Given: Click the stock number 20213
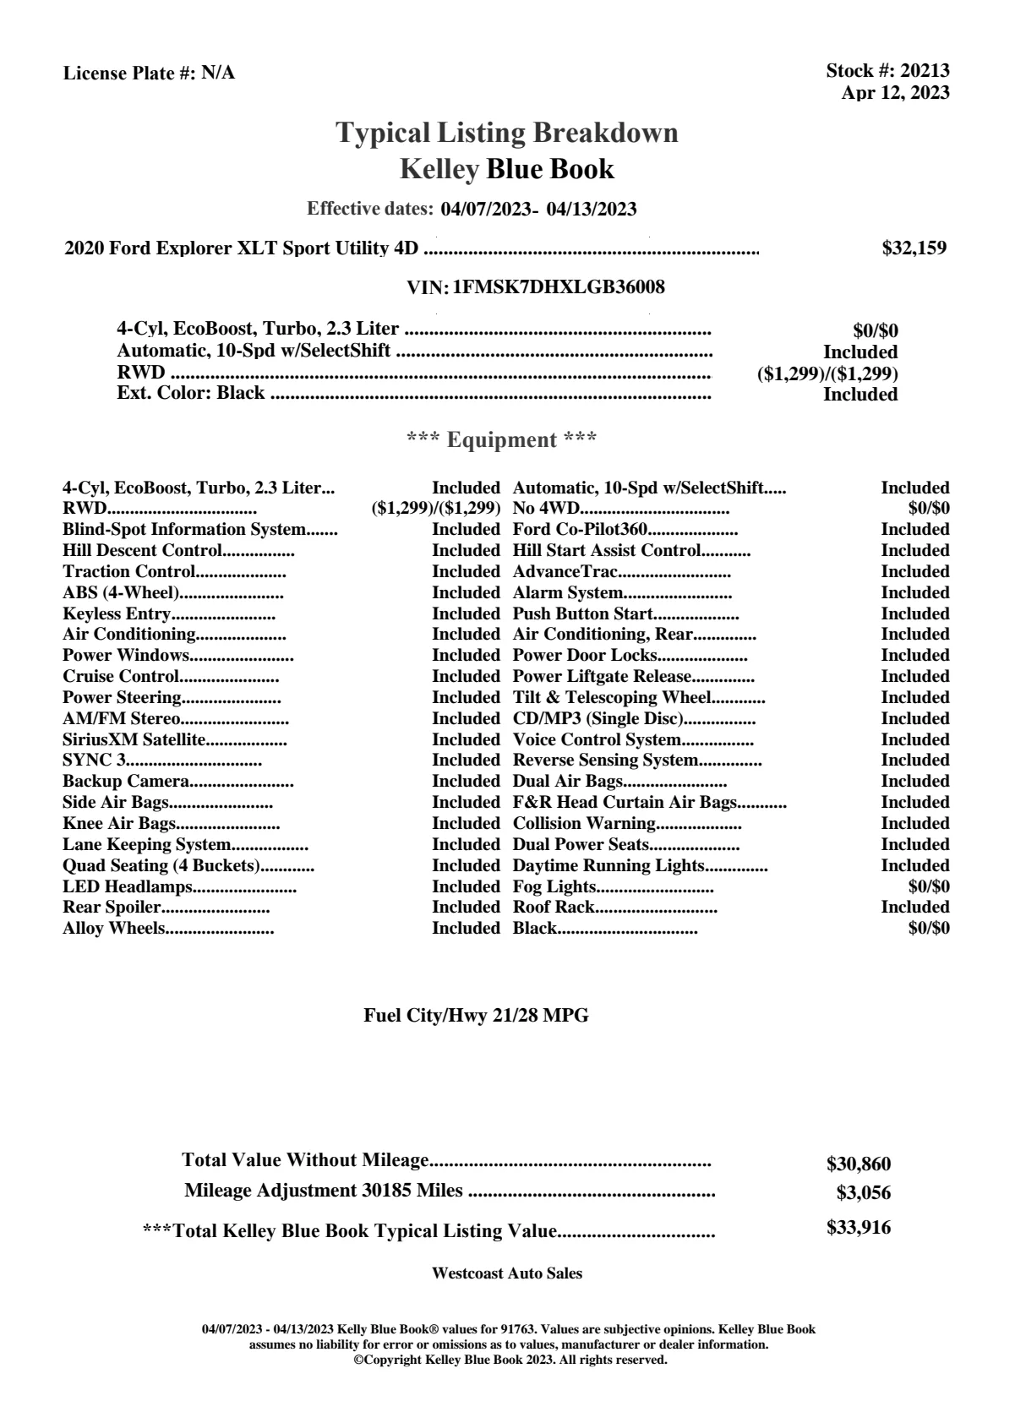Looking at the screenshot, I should tap(925, 71).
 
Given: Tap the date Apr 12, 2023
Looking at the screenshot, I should tap(895, 92).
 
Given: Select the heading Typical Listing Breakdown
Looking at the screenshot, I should tap(507, 133).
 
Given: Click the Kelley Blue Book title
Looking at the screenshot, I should tap(507, 169).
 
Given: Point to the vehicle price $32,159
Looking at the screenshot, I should tap(914, 248).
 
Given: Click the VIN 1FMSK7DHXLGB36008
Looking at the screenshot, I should tap(559, 287).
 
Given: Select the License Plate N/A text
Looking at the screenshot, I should tap(149, 73).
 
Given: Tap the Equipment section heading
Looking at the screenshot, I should tap(502, 439).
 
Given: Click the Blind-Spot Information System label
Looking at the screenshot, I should tap(183, 529).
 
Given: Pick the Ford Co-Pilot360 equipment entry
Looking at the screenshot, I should tap(580, 529).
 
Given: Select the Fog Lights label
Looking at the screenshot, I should tap(554, 886).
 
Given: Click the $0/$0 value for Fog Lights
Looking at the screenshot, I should tap(928, 886).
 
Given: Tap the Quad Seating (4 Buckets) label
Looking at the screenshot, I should tap(161, 865).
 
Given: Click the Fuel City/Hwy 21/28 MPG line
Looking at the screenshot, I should tap(476, 1016).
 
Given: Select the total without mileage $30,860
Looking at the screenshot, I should tap(858, 1164).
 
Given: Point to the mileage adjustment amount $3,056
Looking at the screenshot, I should tap(864, 1193).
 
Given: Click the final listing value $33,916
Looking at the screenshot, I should tap(858, 1228).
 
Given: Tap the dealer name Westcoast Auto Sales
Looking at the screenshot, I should tap(506, 1273).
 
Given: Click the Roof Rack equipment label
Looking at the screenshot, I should tap(554, 907).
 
